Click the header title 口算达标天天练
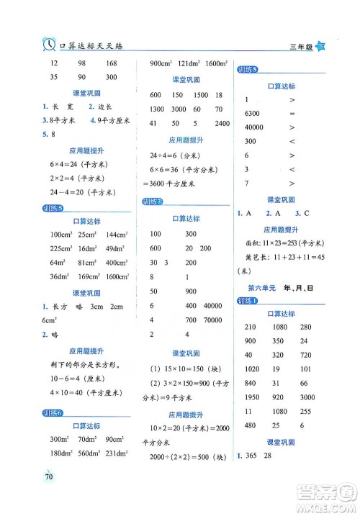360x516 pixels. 94,46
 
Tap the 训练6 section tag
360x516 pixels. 53,412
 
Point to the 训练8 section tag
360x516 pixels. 248,70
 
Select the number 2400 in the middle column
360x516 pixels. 222,123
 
